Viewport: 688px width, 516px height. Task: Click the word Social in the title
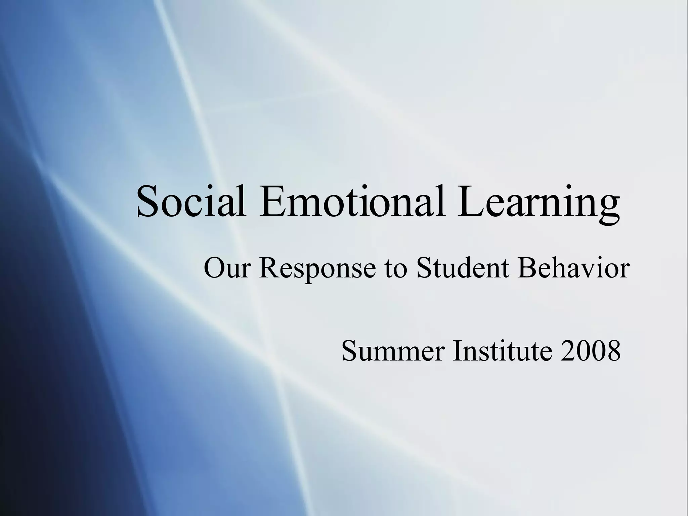click(191, 202)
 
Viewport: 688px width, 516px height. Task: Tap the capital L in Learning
click(468, 202)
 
